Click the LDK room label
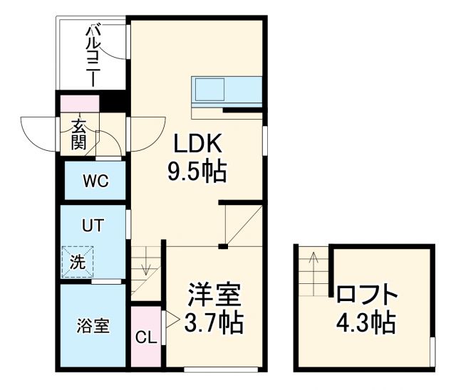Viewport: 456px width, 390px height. [x=199, y=144]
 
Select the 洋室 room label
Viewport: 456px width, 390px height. [x=214, y=294]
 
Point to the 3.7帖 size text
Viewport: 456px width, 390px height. [x=214, y=322]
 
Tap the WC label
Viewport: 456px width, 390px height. [x=95, y=181]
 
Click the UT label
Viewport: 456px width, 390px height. [x=92, y=227]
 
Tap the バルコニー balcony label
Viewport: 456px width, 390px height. [x=93, y=55]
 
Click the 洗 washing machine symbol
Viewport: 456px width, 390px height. [x=77, y=261]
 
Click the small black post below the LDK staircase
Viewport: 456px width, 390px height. [x=223, y=246]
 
